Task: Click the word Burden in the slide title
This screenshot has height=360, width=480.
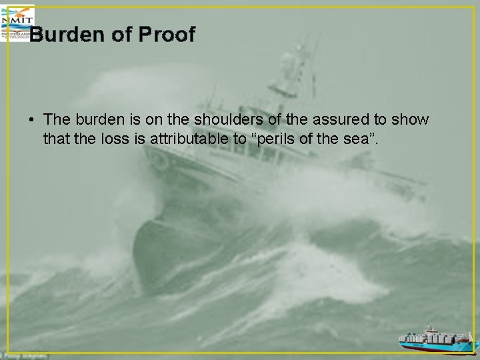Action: tap(68, 35)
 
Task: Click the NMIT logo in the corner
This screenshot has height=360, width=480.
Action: tap(16, 20)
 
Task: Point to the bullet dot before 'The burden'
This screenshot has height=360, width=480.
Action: tap(31, 121)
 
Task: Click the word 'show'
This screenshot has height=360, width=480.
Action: tap(411, 119)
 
